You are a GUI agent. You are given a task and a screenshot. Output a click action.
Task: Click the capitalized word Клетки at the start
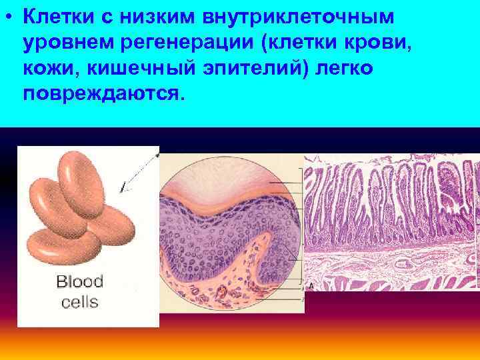57,16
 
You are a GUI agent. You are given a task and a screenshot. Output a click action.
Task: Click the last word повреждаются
101,93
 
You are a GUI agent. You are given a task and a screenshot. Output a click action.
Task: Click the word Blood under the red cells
79,282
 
